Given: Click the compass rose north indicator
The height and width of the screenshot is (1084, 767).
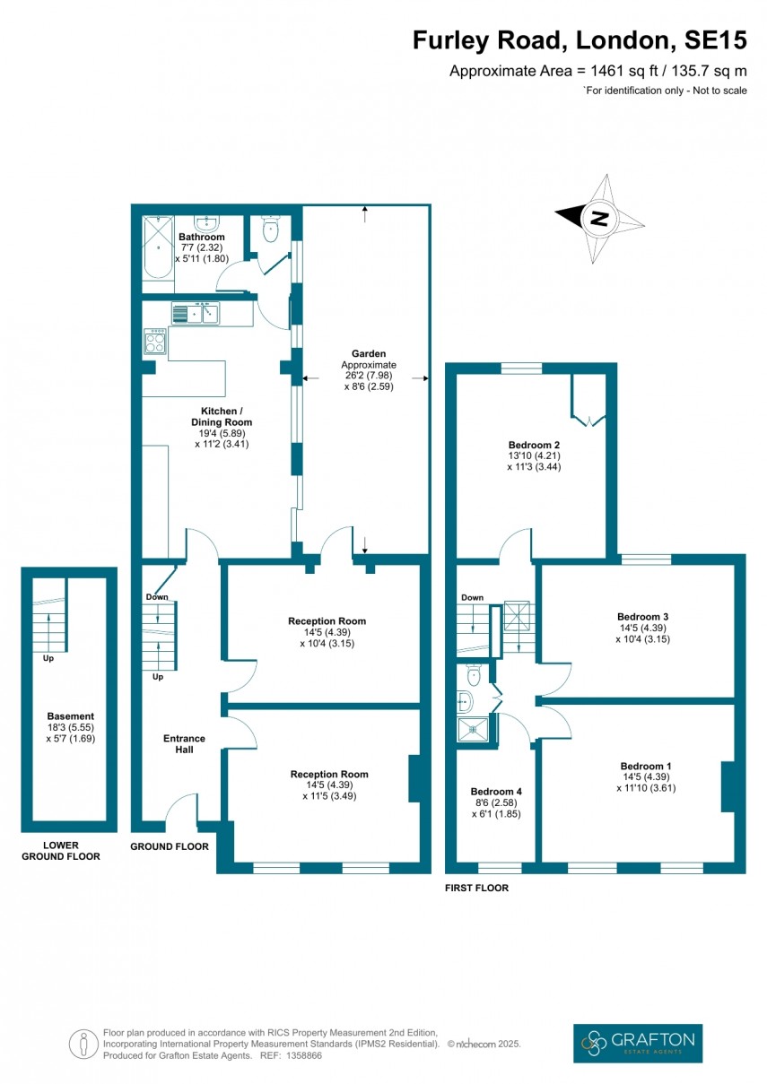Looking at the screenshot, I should [599, 217].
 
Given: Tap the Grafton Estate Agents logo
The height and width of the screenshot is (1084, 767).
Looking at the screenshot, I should [638, 1042].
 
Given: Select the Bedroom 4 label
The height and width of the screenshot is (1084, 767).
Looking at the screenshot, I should [495, 802].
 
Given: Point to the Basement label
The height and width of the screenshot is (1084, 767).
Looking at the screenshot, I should [70, 727].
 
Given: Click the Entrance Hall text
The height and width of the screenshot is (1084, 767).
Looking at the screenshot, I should [183, 744].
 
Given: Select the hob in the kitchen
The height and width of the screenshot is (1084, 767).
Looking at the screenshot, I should [154, 342].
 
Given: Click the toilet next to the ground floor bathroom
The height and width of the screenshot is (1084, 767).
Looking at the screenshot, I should [268, 230].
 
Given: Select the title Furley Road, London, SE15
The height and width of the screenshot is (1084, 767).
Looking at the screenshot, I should [579, 39].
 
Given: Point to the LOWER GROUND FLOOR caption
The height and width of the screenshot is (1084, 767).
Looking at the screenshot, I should [62, 851].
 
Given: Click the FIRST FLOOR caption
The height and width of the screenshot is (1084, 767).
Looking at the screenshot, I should [476, 888].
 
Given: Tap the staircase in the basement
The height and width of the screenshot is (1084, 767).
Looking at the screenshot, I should [50, 623].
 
